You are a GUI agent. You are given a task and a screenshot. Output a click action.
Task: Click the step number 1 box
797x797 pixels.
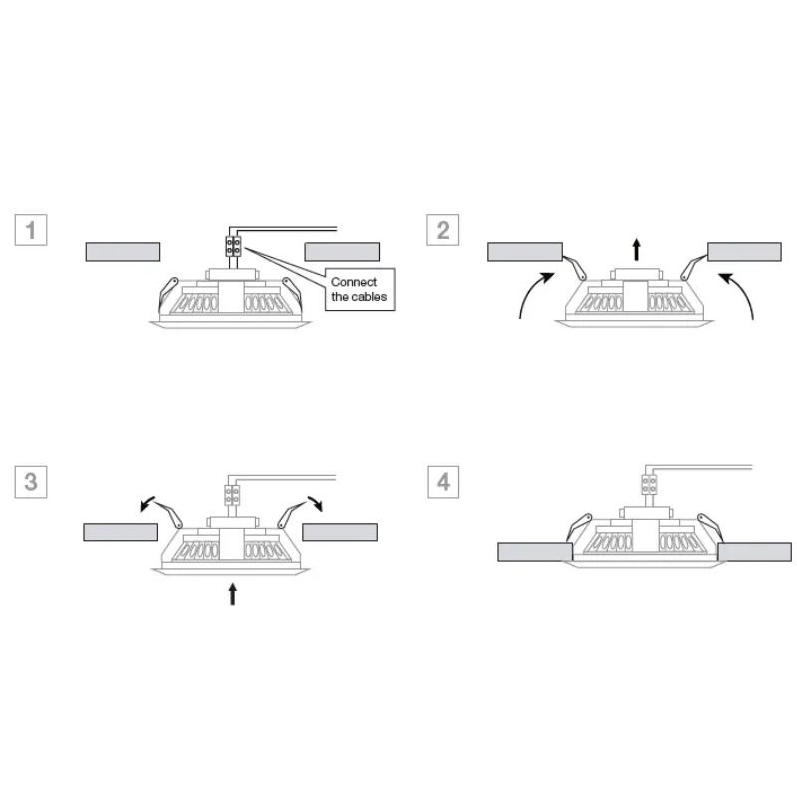tap(31, 230)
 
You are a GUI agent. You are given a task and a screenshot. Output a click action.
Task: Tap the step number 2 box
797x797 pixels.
tap(442, 230)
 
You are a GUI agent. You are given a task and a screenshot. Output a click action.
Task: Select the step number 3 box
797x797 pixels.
tap(31, 482)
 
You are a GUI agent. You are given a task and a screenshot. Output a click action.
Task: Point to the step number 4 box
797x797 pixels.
tap(443, 482)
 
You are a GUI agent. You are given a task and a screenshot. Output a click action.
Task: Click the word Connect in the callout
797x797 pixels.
tap(354, 282)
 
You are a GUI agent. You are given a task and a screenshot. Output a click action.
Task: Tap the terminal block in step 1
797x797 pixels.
tap(233, 246)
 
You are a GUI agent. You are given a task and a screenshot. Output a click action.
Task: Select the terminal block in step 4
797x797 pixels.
tap(649, 484)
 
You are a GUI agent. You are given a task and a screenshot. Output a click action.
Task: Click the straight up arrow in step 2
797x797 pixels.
tap(636, 249)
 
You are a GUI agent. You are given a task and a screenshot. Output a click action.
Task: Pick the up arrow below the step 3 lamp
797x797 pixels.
tap(233, 594)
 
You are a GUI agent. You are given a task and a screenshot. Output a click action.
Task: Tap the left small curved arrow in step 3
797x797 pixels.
tap(147, 503)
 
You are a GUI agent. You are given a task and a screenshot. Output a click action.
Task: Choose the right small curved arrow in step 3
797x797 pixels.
tap(316, 503)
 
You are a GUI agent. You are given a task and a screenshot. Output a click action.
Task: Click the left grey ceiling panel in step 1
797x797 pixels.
tap(123, 252)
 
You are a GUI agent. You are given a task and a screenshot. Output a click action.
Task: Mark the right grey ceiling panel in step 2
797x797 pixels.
tap(744, 252)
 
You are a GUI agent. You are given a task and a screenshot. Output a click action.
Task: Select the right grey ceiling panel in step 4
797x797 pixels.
tap(754, 552)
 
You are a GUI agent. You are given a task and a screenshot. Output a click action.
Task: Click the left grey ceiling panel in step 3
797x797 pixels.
tap(121, 532)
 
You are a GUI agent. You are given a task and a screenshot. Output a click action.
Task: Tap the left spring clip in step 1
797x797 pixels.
tap(168, 294)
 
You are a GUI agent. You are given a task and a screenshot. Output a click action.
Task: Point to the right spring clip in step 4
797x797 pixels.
tap(710, 528)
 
